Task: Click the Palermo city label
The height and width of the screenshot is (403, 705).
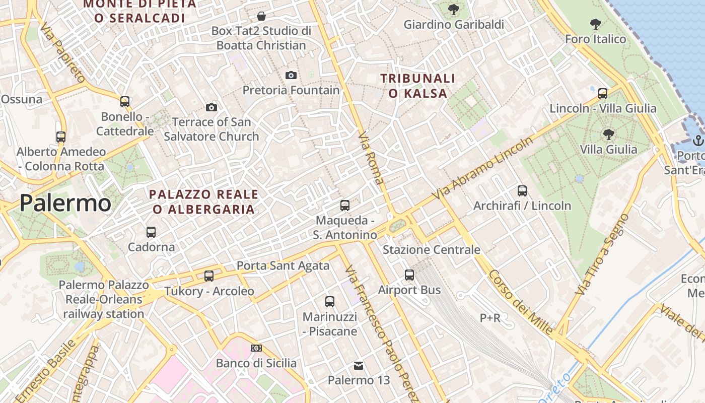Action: [x=65, y=203]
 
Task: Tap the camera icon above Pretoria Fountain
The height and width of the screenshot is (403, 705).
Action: [x=291, y=76]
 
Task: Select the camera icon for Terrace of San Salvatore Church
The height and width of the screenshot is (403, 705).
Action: [x=211, y=107]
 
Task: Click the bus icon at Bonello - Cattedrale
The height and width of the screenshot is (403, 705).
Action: [x=125, y=102]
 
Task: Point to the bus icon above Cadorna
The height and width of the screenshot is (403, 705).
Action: [x=151, y=232]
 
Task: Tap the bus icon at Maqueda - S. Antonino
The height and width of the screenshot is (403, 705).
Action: [x=345, y=206]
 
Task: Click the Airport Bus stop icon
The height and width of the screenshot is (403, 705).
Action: [x=409, y=275]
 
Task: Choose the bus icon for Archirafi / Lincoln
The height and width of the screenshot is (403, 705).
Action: [x=522, y=191]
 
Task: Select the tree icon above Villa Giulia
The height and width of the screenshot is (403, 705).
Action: [x=608, y=135]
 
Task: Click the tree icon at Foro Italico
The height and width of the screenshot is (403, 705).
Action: [x=596, y=24]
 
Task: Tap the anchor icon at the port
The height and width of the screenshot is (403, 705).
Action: [x=698, y=140]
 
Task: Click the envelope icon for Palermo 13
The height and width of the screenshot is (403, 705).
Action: [x=358, y=365]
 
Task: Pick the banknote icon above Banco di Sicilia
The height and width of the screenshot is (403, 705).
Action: [x=256, y=348]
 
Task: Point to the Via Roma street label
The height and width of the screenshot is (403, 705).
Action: [x=371, y=158]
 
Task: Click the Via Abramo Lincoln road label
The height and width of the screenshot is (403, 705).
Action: [x=482, y=167]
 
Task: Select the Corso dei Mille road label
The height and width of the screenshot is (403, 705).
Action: [x=520, y=302]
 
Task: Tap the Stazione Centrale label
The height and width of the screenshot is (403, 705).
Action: [x=432, y=250]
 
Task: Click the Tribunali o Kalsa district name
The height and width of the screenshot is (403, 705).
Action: [x=418, y=86]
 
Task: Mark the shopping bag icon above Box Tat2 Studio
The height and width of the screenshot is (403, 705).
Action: [x=261, y=16]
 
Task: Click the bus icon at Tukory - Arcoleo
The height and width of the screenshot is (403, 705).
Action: [x=209, y=276]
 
